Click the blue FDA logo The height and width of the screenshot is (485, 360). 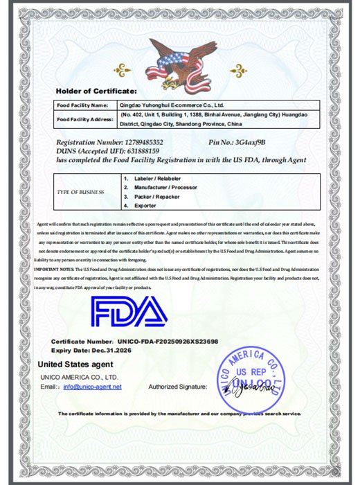point(129,313)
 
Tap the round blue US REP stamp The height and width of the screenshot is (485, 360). point(250,380)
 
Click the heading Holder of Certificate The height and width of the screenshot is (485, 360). point(96,91)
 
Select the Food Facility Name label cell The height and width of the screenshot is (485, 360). point(82,104)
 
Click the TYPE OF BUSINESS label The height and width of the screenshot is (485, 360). point(82,192)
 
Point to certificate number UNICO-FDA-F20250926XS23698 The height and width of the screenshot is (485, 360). point(168,342)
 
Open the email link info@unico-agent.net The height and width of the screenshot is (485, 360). point(92,387)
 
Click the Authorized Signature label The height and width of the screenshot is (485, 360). point(178,387)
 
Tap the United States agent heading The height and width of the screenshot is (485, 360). point(75,364)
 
